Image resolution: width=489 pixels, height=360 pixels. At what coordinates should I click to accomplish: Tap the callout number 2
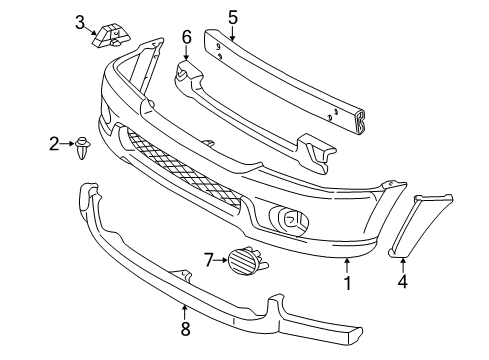click(54, 145)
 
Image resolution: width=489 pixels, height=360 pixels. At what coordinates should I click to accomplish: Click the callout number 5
click(232, 16)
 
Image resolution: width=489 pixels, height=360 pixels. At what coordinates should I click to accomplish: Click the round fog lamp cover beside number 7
click(243, 263)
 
